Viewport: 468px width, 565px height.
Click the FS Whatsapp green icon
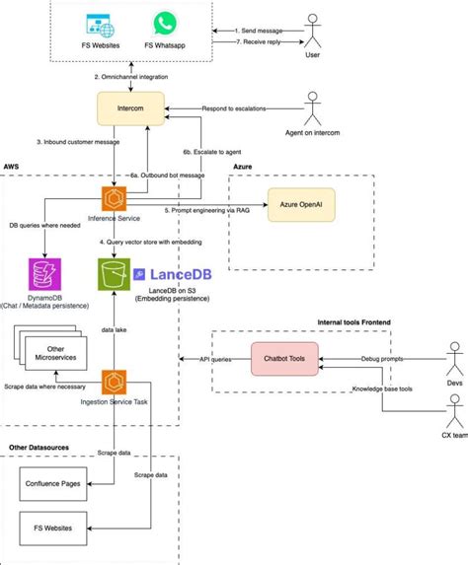pos(164,24)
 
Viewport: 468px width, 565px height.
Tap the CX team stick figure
pos(454,410)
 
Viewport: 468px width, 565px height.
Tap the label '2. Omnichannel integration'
pos(139,76)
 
